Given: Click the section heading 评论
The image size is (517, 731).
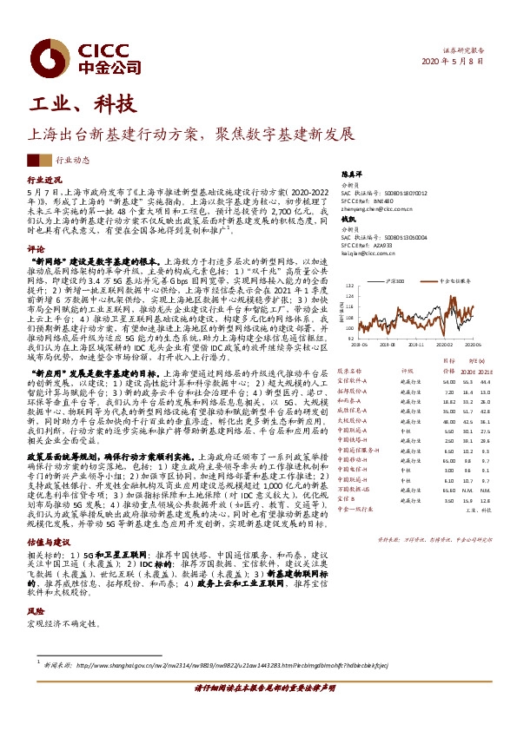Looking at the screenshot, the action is [36, 248].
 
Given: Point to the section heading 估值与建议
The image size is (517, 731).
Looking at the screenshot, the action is [48, 542].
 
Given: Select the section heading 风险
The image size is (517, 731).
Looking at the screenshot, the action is [36, 611].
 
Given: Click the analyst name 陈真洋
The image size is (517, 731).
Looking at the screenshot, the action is [349, 175].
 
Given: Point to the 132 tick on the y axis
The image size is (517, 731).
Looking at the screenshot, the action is [348, 286].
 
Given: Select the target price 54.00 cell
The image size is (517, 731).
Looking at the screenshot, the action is [448, 381].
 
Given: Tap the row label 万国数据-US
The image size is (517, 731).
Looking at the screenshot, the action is [353, 491].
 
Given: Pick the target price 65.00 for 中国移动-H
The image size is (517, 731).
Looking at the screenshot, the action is [448, 460].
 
